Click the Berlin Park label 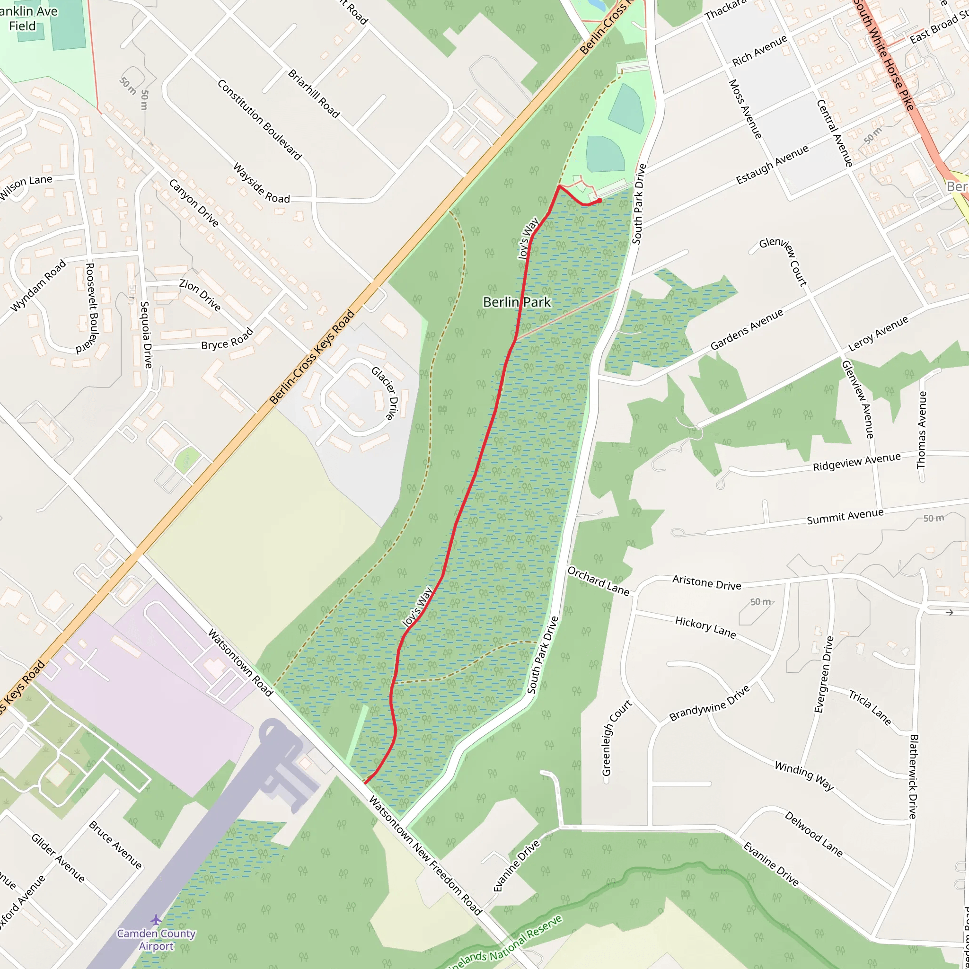[x=517, y=302]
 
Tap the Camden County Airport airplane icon [x=156, y=919]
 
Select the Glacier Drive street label [x=384, y=393]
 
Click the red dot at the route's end [x=599, y=201]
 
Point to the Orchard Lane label [x=599, y=581]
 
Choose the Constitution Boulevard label [x=260, y=120]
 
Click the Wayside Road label [x=261, y=183]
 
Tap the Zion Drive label [x=200, y=295]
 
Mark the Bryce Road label [x=227, y=340]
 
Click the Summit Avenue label [x=845, y=516]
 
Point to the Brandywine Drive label [x=710, y=703]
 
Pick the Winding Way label [x=804, y=775]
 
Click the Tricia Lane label [x=870, y=707]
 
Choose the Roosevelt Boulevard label [x=91, y=308]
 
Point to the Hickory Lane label [x=705, y=627]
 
